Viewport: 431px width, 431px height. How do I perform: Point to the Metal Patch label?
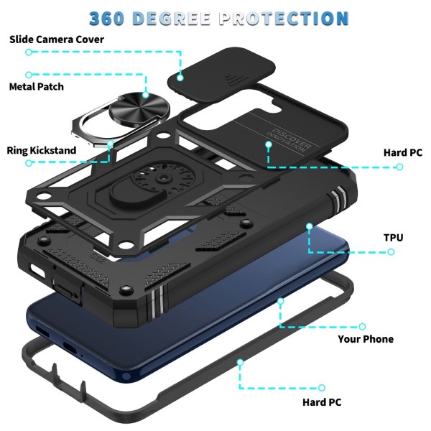(46, 86)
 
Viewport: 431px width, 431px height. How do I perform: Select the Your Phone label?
(366, 339)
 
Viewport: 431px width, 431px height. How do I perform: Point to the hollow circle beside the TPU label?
(391, 251)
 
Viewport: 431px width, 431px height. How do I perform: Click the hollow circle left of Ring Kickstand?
(29, 164)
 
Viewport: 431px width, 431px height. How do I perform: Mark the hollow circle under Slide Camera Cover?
(29, 52)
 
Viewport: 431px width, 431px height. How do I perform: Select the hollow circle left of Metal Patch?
(29, 74)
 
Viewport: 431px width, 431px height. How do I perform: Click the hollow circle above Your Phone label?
(362, 326)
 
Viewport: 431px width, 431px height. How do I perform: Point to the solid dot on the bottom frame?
(240, 363)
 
